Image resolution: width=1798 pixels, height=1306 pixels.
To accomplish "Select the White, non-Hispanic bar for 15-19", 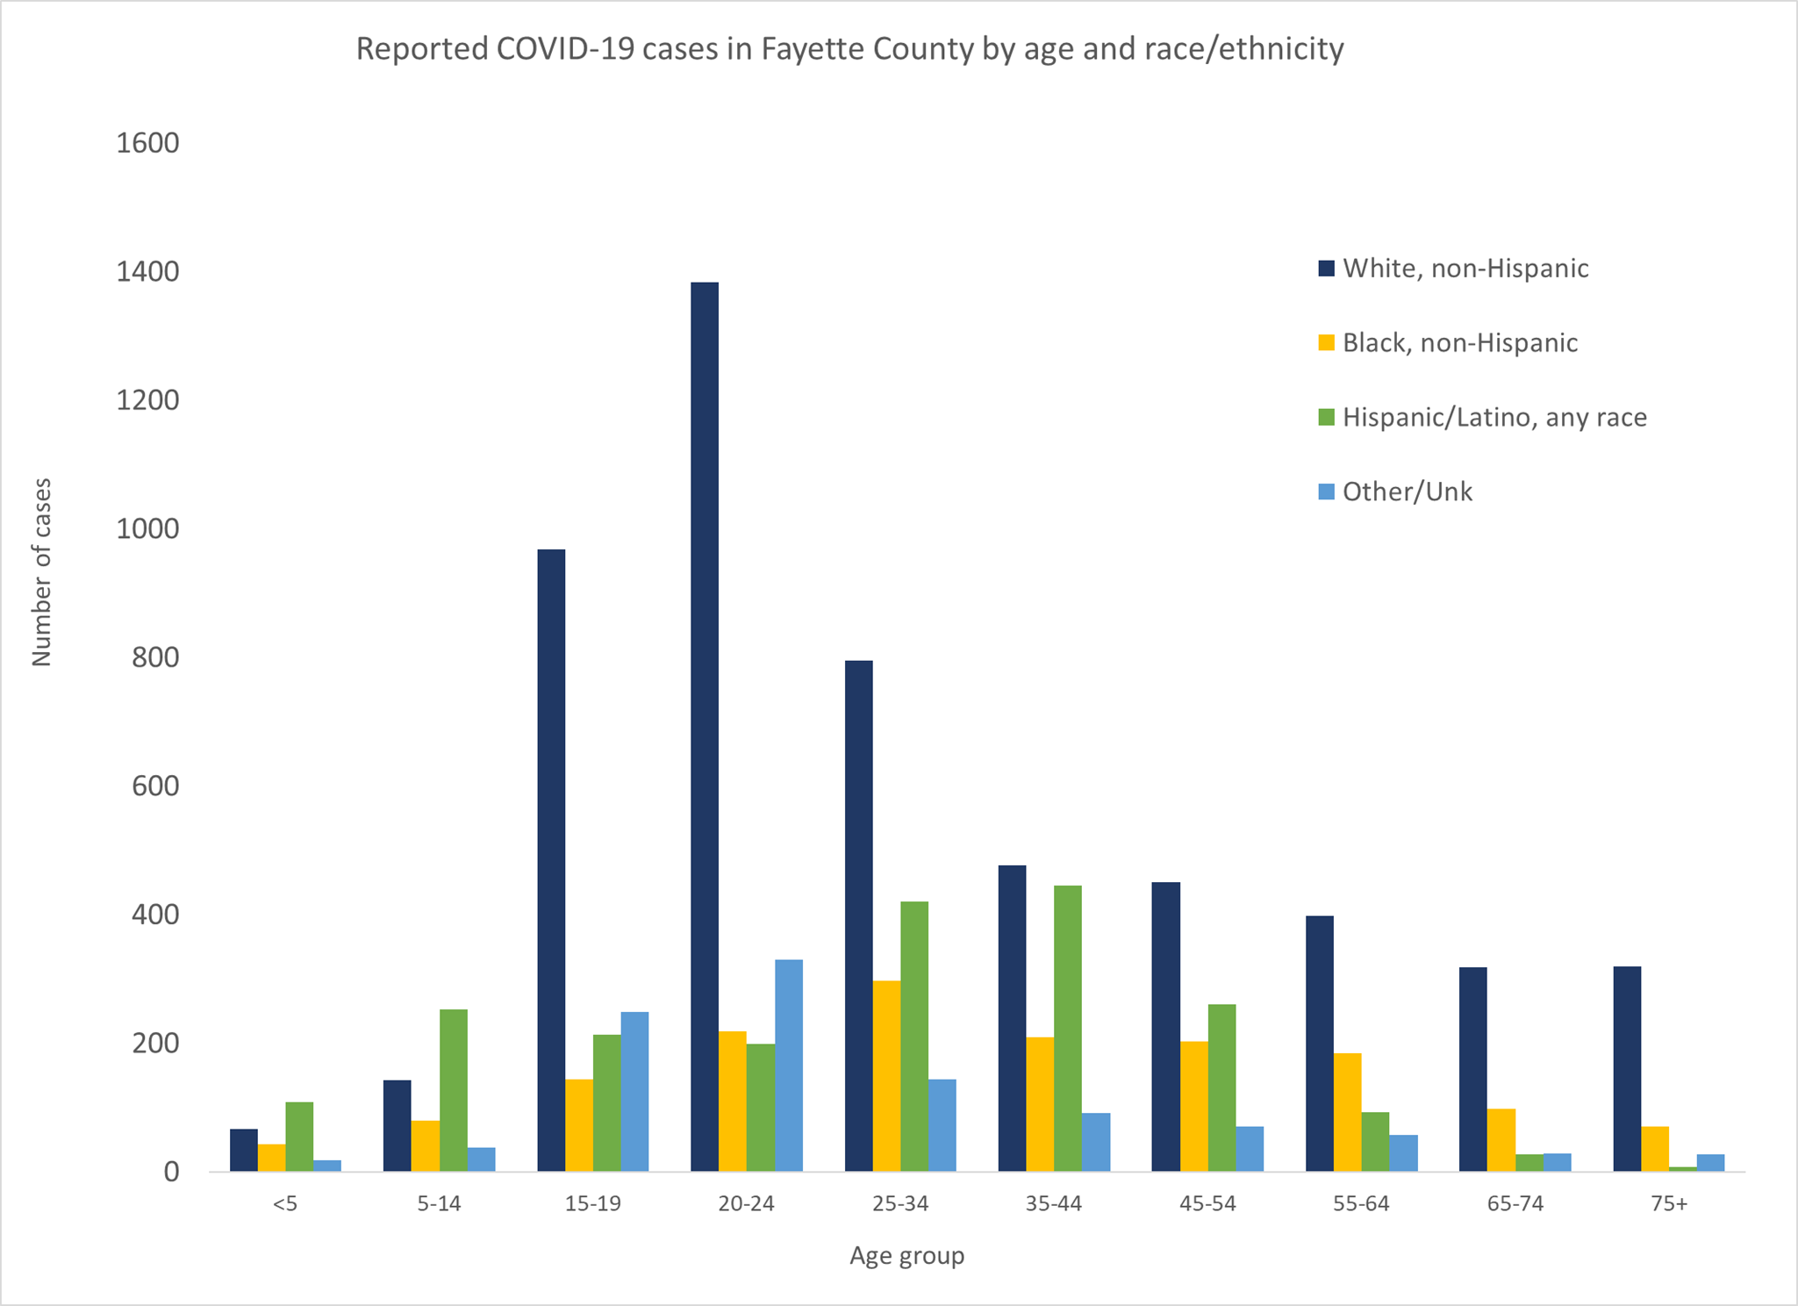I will click(550, 860).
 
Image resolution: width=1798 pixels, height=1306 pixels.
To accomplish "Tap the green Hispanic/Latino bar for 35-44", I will click(1067, 1028).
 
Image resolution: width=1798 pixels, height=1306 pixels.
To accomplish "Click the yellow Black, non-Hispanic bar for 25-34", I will click(886, 1075).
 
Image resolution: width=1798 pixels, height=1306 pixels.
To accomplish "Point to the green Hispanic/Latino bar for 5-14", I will click(453, 1090).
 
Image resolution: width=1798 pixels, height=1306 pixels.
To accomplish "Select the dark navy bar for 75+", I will click(1626, 1068).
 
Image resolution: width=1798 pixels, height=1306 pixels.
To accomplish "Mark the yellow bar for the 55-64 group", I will click(1347, 1112).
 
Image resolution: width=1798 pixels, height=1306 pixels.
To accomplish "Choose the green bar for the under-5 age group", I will click(299, 1136).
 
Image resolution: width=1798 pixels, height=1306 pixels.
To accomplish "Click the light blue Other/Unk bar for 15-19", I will click(634, 1091).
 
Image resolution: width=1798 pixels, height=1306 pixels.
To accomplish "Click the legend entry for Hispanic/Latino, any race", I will click(1494, 417).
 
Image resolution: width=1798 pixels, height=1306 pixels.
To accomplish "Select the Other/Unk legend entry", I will click(1407, 492).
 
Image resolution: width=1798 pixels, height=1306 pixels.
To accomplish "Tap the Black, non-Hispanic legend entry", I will click(1459, 342).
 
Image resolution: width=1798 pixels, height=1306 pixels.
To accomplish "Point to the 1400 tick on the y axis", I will click(147, 272).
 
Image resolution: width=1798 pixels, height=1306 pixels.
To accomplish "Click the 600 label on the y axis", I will click(155, 786).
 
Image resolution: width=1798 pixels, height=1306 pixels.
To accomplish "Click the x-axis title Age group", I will click(906, 1256).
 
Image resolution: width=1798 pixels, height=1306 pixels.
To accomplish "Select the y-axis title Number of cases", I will click(42, 571).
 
